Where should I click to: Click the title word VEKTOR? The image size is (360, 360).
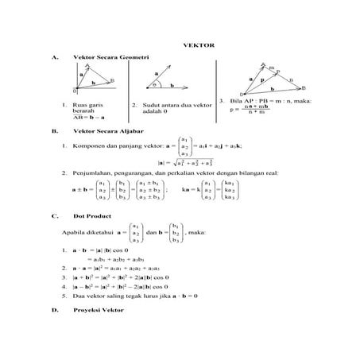[195, 46]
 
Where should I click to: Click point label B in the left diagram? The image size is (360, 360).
[112, 80]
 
